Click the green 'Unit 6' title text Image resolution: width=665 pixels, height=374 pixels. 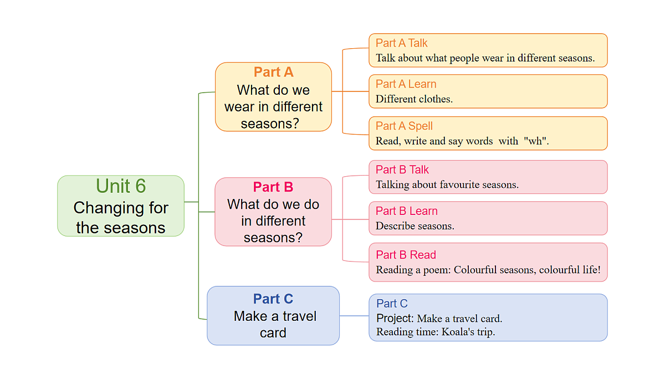tap(121, 186)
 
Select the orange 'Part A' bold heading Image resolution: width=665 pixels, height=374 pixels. tap(273, 72)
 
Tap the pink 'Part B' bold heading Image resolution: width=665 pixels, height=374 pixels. tap(273, 187)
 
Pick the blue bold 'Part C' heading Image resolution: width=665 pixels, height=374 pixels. tap(273, 299)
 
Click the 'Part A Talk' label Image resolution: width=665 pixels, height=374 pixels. tap(401, 43)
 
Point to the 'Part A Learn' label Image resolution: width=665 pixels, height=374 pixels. tap(406, 84)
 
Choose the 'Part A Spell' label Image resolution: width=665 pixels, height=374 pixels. tap(404, 126)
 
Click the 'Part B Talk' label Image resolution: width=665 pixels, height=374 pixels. tap(402, 170)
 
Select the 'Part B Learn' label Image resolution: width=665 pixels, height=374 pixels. tap(406, 211)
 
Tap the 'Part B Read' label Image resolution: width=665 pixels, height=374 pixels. tap(406, 255)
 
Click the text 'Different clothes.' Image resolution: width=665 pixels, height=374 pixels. tap(414, 99)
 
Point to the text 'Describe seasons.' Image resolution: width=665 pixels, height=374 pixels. tap(415, 226)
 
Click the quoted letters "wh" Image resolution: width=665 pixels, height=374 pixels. tap(536, 141)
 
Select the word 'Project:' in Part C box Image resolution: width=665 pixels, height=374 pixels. tap(395, 319)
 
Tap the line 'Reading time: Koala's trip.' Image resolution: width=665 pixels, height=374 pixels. tap(435, 332)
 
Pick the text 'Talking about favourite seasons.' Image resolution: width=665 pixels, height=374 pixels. tap(447, 185)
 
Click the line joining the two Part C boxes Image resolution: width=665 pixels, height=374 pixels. tap(354, 316)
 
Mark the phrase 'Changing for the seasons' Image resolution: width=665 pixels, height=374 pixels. tap(121, 218)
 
